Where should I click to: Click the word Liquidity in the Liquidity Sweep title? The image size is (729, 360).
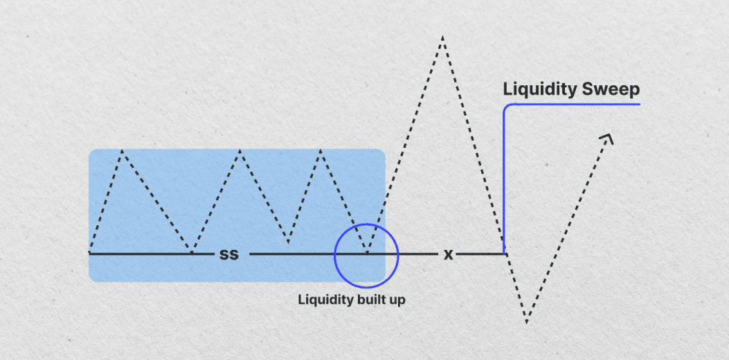pos(539,90)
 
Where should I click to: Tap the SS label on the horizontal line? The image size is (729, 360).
pos(229,254)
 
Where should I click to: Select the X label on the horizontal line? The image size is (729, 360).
pos(448,254)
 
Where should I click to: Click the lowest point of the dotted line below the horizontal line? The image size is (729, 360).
pos(526,321)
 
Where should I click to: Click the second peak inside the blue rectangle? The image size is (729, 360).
pos(239,151)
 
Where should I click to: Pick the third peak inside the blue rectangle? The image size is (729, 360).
pos(320,150)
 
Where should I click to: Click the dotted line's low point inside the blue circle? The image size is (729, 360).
pos(367,253)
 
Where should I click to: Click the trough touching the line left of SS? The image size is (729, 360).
pos(191,253)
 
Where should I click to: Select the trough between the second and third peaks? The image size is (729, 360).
pos(289,242)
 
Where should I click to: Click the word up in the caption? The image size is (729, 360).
pos(395,300)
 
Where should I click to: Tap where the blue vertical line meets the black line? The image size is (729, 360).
pos(504,253)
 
